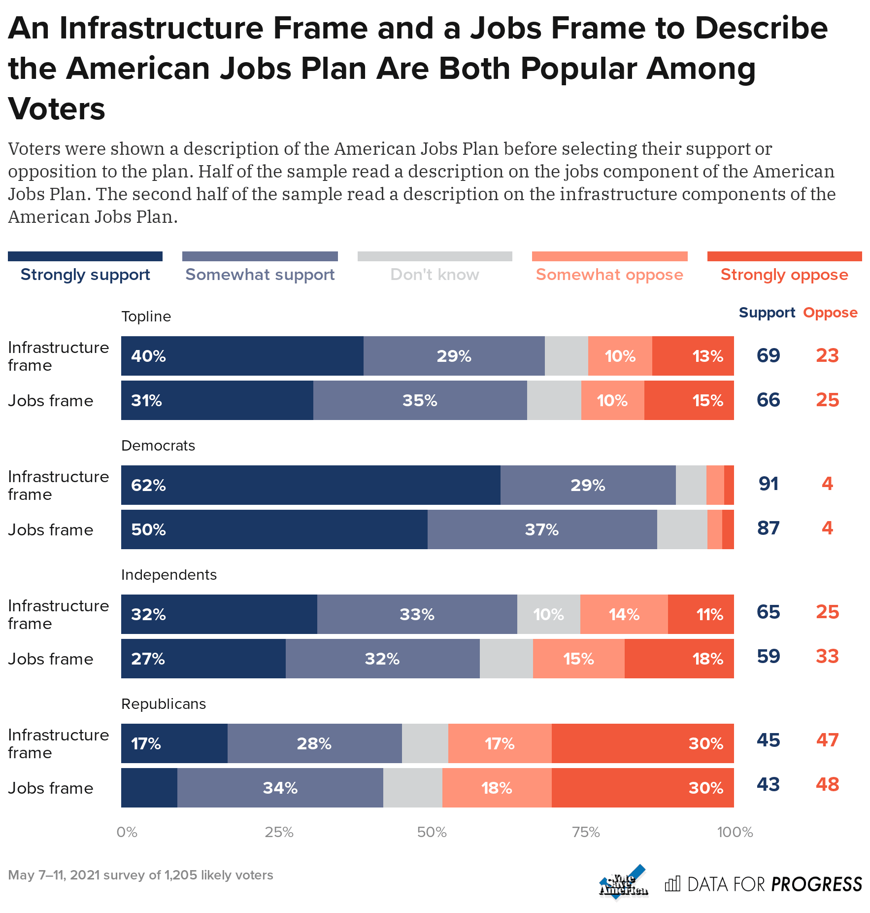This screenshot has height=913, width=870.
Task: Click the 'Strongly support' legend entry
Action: tap(85, 275)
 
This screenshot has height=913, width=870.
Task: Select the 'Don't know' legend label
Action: tap(435, 275)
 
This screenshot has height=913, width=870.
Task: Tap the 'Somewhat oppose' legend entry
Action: tap(609, 275)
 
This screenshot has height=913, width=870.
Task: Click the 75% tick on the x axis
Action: tap(586, 832)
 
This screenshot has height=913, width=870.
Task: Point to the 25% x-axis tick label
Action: tap(279, 832)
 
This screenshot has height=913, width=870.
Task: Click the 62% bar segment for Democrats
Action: tap(310, 485)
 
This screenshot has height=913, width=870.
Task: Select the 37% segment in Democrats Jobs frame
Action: tap(542, 529)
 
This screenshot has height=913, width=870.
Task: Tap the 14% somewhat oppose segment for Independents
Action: tap(624, 614)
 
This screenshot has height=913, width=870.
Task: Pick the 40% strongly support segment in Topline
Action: tap(242, 356)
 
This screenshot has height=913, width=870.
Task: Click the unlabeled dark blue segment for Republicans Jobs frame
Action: tap(149, 788)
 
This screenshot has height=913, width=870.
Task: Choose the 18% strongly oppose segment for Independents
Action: tap(679, 659)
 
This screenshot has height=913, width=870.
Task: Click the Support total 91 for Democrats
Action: tap(769, 484)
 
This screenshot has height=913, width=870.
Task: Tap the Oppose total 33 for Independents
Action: tap(827, 657)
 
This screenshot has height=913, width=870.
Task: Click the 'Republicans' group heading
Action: tap(164, 704)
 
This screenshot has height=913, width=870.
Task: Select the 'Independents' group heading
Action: tap(169, 575)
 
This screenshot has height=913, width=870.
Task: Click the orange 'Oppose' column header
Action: tap(830, 313)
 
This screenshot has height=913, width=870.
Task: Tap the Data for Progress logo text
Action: tap(774, 884)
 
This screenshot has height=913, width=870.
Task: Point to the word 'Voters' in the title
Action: tap(57, 108)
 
